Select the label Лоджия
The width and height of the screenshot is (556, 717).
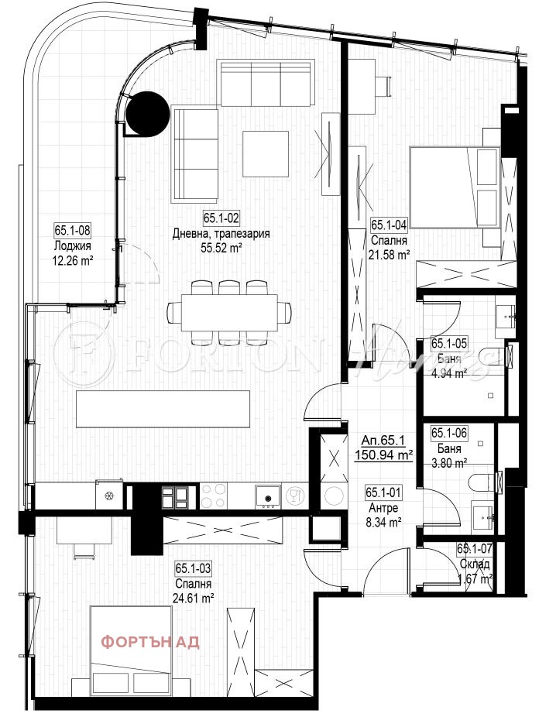[73, 246]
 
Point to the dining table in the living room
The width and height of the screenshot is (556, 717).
[229, 311]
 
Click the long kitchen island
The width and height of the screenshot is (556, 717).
[163, 408]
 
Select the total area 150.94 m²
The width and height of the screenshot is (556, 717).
[383, 455]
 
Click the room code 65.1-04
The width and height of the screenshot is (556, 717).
[389, 225]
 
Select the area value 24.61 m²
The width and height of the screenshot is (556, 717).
[194, 597]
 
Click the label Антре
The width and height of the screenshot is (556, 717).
[383, 507]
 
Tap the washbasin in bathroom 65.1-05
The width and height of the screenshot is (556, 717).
[508, 314]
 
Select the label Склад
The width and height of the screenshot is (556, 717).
[474, 564]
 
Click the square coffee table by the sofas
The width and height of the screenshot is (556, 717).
[266, 153]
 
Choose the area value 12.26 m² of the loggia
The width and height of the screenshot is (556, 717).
[73, 261]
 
